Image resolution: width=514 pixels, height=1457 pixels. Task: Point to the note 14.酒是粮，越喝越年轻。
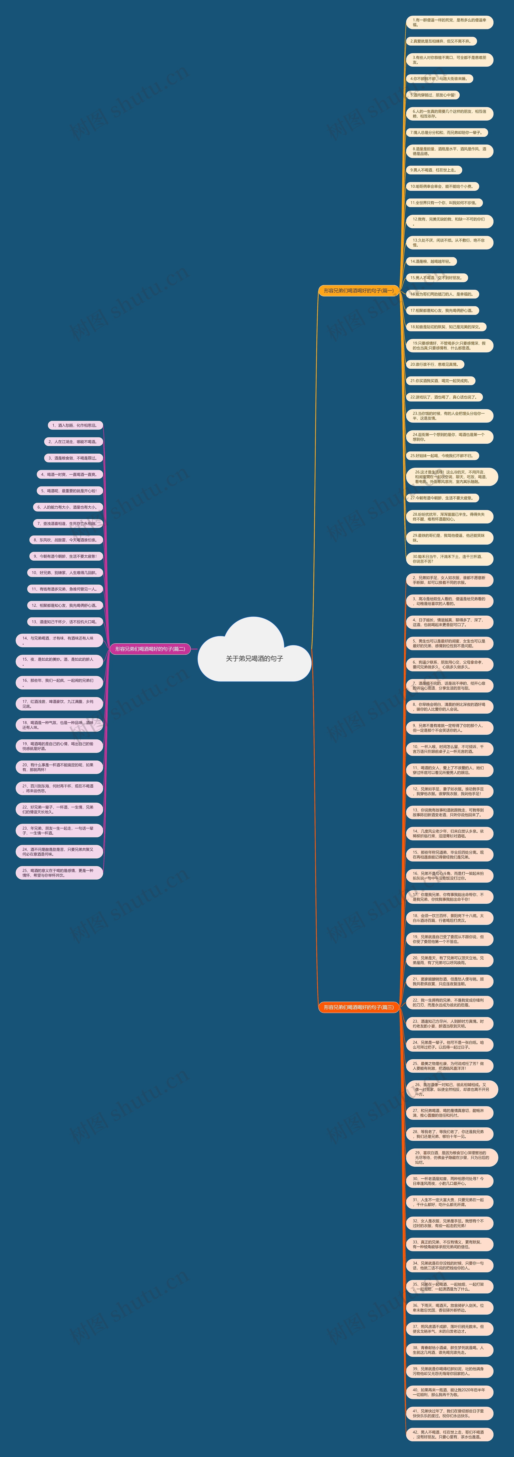[x=431, y=261]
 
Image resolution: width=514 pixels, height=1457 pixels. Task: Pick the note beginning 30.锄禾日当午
[x=449, y=559]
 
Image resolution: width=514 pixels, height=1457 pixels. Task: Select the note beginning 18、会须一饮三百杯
[x=449, y=917]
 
